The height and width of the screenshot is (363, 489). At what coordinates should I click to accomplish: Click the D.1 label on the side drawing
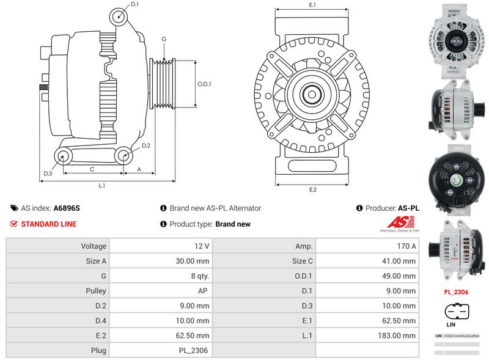134,5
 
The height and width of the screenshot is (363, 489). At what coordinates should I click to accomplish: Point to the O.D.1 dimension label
204,84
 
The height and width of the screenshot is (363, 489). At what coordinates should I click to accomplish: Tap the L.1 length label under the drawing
102,185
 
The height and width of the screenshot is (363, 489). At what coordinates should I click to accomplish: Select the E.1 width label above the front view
312,5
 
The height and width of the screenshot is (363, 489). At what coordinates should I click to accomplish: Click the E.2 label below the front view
312,189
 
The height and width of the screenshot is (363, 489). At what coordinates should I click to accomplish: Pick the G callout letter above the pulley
164,39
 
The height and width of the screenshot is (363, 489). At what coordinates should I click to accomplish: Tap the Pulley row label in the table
96,291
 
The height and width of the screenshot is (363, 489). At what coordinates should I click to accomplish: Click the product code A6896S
67,208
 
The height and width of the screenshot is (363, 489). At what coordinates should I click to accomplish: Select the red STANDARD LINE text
49,224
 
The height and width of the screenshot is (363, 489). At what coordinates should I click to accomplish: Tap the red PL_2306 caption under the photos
456,292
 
